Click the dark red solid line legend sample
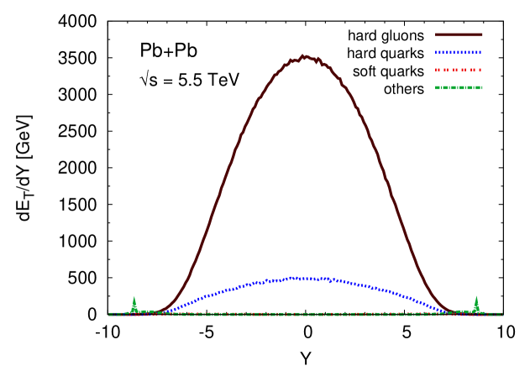(x=459, y=34)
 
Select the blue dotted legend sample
(x=459, y=52)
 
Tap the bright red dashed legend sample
(x=459, y=70)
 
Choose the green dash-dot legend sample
(x=459, y=87)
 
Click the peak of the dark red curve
(x=304, y=57)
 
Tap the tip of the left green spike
(x=134, y=296)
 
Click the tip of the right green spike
(x=476, y=296)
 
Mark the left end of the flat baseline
(x=109, y=314)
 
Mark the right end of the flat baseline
(x=502, y=314)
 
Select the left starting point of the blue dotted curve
(x=160, y=312)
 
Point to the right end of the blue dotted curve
(x=449, y=312)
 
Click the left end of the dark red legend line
(x=436, y=34)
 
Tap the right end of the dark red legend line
(x=482, y=34)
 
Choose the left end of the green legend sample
(x=436, y=87)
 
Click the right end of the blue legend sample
(x=481, y=52)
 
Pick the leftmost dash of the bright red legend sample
(x=437, y=70)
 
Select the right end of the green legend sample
(x=482, y=87)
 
